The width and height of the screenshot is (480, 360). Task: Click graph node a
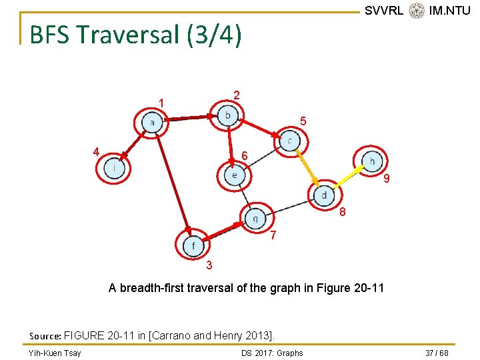click(x=152, y=123)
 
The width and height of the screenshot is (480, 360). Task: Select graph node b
click(x=228, y=116)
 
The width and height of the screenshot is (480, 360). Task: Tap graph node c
click(x=290, y=141)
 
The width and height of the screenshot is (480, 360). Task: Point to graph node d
click(x=324, y=195)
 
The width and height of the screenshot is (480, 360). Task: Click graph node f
click(x=193, y=245)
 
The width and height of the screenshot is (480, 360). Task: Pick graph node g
click(x=255, y=217)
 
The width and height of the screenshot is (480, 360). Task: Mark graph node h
click(x=372, y=161)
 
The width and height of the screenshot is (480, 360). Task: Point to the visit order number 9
click(x=386, y=179)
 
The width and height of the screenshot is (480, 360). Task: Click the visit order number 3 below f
click(x=209, y=266)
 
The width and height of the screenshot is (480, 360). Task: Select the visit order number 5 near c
click(x=303, y=122)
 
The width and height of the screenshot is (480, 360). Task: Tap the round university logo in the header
click(x=417, y=11)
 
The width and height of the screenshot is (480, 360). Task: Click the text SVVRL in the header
click(x=384, y=11)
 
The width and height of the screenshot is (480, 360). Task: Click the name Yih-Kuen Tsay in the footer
click(x=55, y=353)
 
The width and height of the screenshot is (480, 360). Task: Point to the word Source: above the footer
click(x=45, y=335)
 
